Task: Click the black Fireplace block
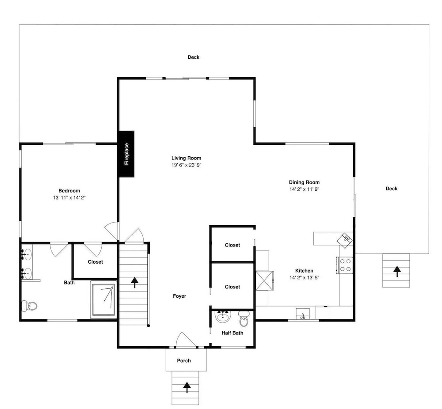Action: [x=126, y=154]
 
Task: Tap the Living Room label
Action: [x=187, y=158]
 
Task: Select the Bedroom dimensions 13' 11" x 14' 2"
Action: [x=69, y=198]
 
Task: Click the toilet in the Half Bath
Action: [x=243, y=318]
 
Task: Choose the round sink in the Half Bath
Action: [x=223, y=317]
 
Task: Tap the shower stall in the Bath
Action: [x=103, y=300]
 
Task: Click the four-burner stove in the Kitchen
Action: [x=344, y=265]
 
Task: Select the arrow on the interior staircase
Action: [x=135, y=283]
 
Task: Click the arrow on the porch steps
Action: [x=187, y=387]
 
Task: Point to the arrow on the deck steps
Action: [x=397, y=271]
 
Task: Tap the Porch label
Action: [x=184, y=360]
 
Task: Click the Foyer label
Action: [x=179, y=296]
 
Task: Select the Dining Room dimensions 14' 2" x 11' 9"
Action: [x=304, y=189]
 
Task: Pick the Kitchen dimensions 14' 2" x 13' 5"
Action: [x=304, y=278]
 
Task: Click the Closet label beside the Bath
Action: [x=95, y=262]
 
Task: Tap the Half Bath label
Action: [x=232, y=333]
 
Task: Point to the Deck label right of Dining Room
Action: [x=392, y=189]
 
